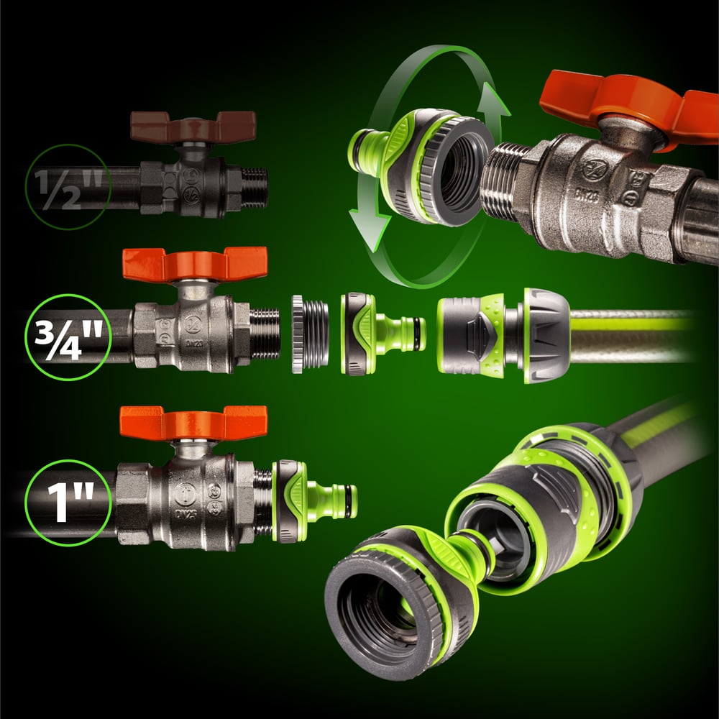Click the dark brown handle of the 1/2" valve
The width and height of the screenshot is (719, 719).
click(193, 126)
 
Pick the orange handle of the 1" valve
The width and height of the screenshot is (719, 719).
click(193, 423)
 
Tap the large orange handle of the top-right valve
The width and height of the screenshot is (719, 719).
click(628, 106)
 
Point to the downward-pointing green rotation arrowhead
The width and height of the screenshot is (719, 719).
click(369, 228)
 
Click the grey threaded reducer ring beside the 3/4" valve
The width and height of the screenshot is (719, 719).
click(309, 334)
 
